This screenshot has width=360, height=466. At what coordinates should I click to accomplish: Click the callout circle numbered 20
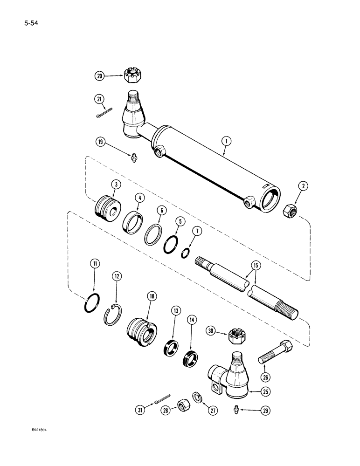(99, 75)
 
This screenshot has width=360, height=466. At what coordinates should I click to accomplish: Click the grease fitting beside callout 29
(236, 409)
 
